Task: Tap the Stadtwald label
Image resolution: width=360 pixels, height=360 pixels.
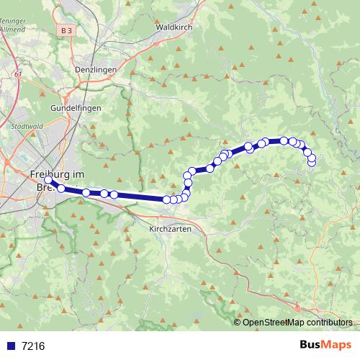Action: [x=27, y=125]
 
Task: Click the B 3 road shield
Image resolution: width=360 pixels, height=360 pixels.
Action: [x=67, y=30]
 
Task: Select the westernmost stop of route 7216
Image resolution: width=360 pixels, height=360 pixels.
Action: [x=49, y=180]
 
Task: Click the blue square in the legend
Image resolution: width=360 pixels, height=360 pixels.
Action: [x=10, y=346]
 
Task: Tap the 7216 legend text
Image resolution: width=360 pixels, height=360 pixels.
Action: [x=32, y=346]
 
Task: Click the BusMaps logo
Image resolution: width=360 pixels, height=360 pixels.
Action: [x=322, y=345]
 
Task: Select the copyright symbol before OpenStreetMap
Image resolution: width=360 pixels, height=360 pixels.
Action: [x=237, y=323]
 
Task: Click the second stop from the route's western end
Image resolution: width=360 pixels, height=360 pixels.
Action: [x=61, y=189]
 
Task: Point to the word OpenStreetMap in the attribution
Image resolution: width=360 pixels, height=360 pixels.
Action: [x=275, y=323]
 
